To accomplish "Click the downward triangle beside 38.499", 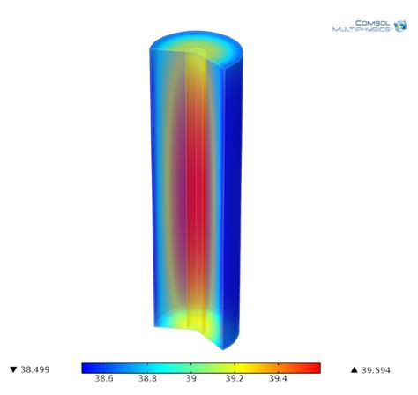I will pos(12,369).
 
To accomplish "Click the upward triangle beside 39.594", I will pos(355,369).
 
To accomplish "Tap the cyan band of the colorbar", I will pos(159,367).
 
